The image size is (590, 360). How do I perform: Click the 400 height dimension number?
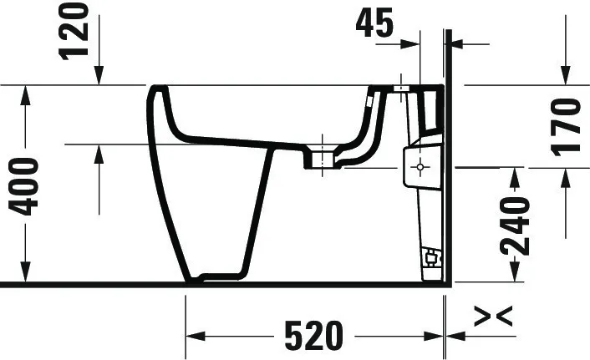(x=28, y=185)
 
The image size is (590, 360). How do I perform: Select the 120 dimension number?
(x=74, y=31)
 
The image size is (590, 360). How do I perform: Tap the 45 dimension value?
(x=375, y=23)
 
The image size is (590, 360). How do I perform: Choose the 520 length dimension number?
(x=313, y=336)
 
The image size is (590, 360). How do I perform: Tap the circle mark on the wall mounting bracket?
(x=420, y=166)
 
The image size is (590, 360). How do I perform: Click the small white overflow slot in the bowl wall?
(x=369, y=104)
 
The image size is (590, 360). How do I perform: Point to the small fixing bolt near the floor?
(x=430, y=256)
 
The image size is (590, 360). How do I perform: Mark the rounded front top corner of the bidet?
(x=155, y=90)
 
